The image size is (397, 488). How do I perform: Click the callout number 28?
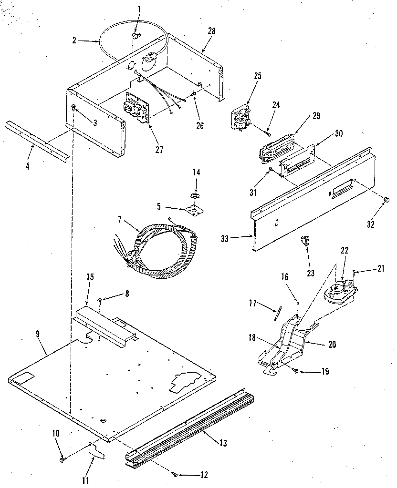tap(211, 31)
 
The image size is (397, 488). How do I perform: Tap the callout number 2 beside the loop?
tap(75, 41)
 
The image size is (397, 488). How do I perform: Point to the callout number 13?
tap(223, 443)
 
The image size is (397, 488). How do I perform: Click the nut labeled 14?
tap(195, 195)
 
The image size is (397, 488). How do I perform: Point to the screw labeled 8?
tap(100, 301)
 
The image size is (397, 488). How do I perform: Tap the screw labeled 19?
tap(297, 371)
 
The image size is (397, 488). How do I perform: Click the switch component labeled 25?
tap(241, 116)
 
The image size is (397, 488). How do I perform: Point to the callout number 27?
tap(159, 150)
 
